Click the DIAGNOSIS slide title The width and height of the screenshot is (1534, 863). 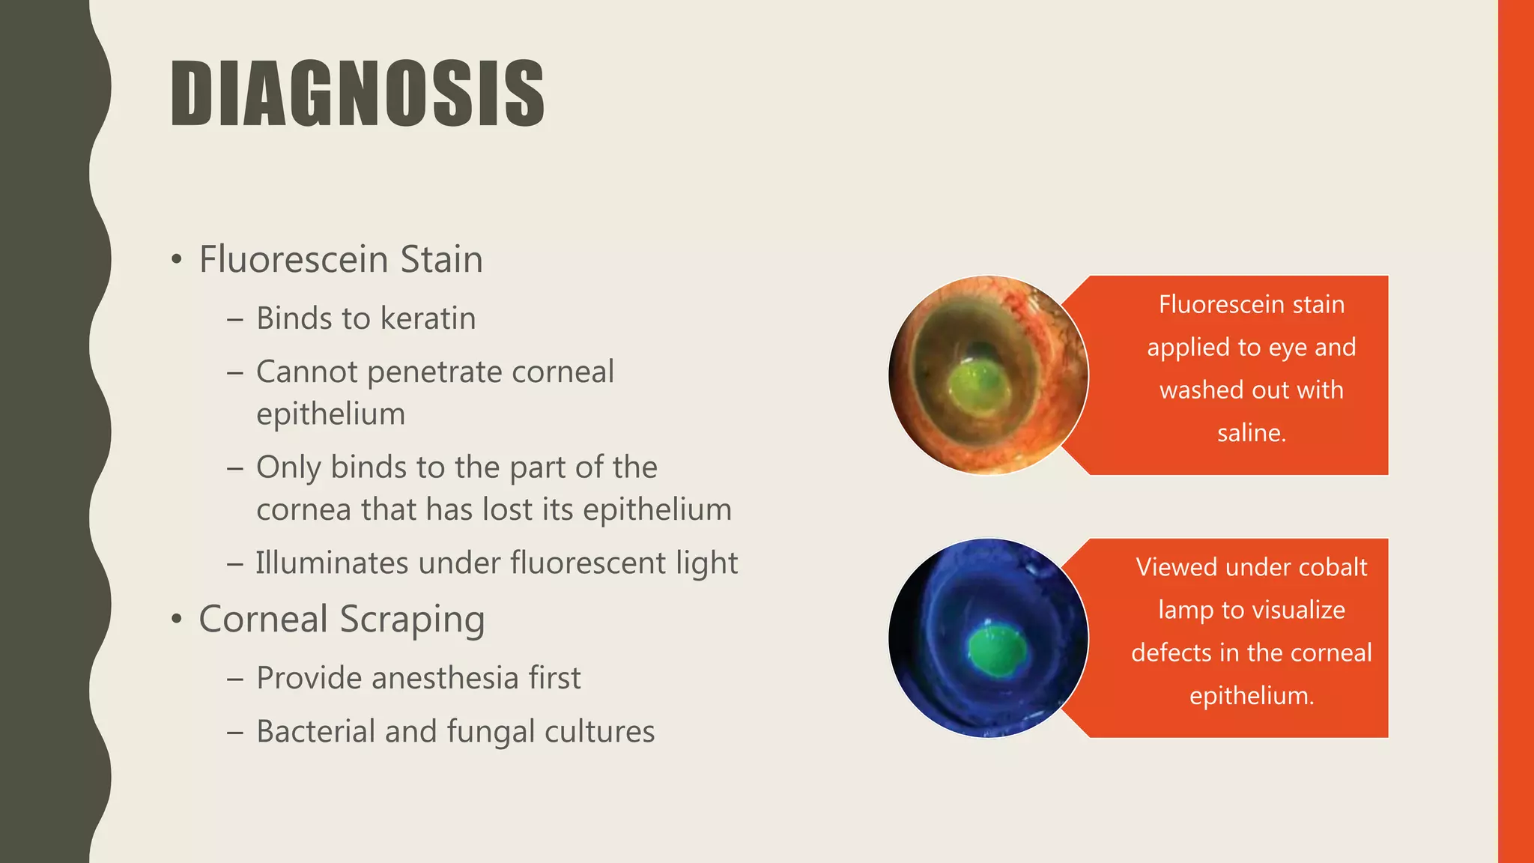pos(357,94)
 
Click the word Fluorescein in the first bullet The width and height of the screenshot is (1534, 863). pos(293,260)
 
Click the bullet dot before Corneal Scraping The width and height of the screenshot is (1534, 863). pos(176,620)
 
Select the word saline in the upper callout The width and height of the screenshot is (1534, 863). pos(1249,433)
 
